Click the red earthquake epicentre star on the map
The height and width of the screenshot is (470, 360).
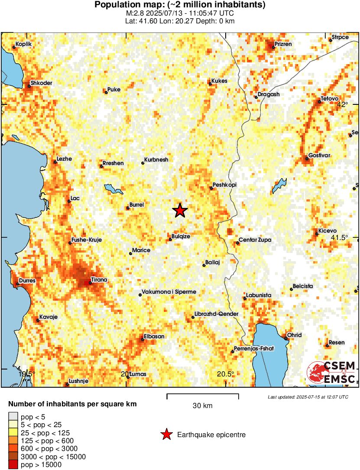[180, 211]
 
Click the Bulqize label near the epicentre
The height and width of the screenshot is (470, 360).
[181, 237]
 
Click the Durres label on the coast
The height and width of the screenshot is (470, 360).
[27, 281]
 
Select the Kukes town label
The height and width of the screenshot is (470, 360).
[219, 81]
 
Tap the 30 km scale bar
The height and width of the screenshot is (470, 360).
[202, 395]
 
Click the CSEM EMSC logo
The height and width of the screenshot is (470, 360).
[331, 372]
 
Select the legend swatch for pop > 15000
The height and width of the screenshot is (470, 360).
[14, 465]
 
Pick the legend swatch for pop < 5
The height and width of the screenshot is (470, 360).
[14, 417]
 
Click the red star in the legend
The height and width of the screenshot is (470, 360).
[166, 434]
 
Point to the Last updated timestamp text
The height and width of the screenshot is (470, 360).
[308, 397]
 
